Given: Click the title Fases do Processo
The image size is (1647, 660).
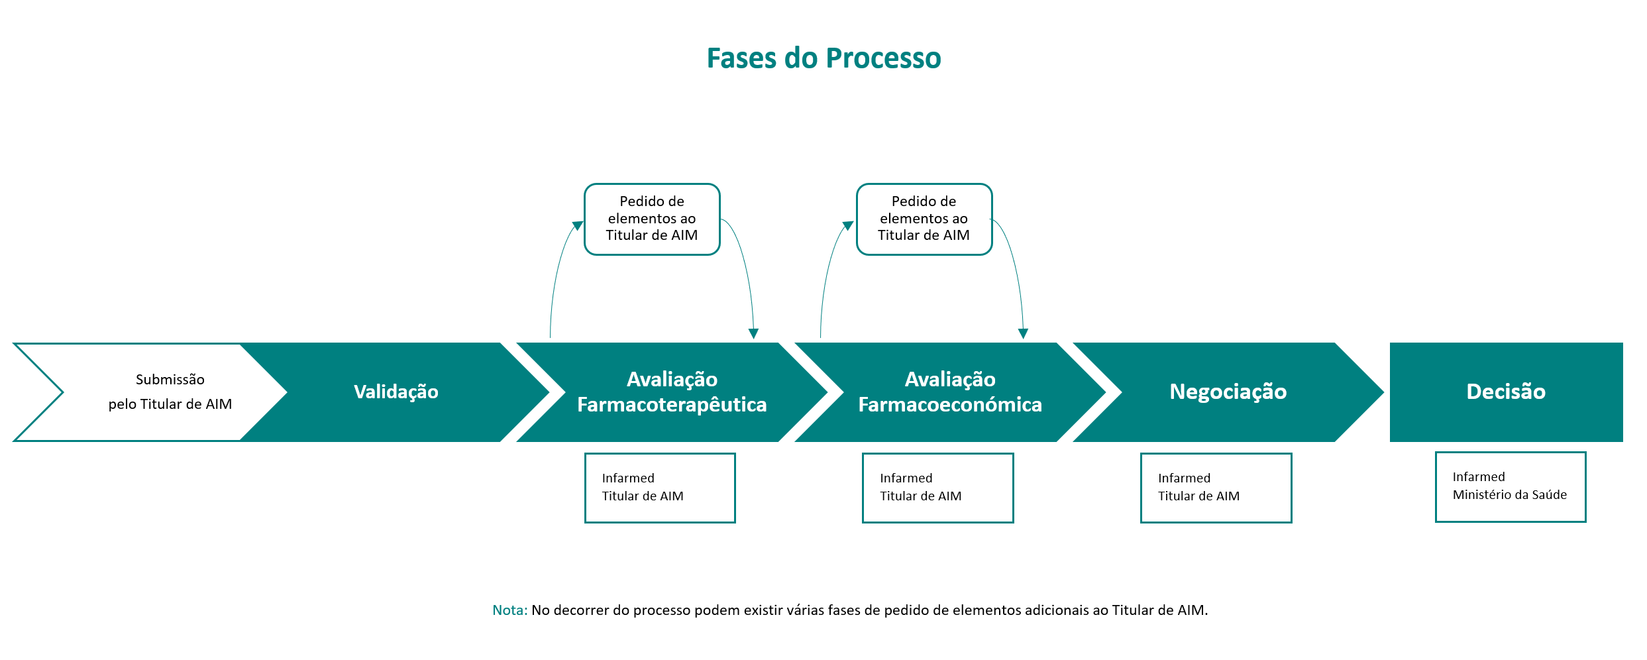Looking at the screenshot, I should tap(823, 58).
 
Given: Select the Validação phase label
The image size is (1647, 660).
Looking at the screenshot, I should tap(396, 392).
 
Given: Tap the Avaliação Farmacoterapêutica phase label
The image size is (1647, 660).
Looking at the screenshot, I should tap(672, 392).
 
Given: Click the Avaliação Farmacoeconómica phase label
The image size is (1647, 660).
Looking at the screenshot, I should tap(950, 392).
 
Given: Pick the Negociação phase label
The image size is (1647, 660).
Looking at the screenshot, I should tap(1228, 392).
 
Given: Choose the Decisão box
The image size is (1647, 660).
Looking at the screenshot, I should tap(1506, 392).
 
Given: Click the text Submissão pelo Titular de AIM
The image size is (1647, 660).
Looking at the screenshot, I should tap(170, 392).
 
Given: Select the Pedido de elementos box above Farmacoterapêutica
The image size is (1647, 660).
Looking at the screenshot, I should tap(652, 219).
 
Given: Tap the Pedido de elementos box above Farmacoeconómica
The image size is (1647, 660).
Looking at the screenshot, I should tap(924, 219).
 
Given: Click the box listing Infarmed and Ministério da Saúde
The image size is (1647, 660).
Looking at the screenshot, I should tap(1511, 487).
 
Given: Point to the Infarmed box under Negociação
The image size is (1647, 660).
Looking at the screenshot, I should tap(1216, 488).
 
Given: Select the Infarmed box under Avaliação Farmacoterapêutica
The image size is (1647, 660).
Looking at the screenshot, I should tap(660, 488).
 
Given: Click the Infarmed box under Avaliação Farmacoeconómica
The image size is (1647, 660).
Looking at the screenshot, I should tap(938, 488).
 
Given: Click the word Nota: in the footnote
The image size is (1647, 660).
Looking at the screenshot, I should tap(509, 610).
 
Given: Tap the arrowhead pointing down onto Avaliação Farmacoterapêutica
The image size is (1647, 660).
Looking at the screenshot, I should tap(753, 333).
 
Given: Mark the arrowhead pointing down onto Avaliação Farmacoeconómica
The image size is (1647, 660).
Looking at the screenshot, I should tap(1024, 333).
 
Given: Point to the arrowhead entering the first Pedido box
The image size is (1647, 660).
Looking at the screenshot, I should tap(578, 225).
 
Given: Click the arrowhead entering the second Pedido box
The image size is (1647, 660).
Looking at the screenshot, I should tap(848, 225).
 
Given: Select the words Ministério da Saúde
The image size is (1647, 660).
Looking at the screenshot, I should tap(1510, 495).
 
